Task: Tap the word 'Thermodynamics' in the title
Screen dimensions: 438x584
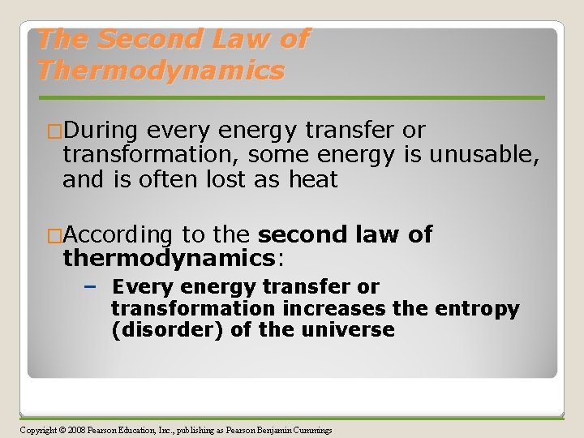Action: coord(161,71)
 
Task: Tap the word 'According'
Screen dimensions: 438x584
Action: coord(118,235)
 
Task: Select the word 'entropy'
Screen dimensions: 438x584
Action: coord(479,309)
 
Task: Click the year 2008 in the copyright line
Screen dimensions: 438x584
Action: coord(76,430)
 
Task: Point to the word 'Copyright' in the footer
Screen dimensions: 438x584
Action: coord(37,430)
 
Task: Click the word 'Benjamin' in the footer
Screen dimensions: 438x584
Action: coord(264,430)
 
